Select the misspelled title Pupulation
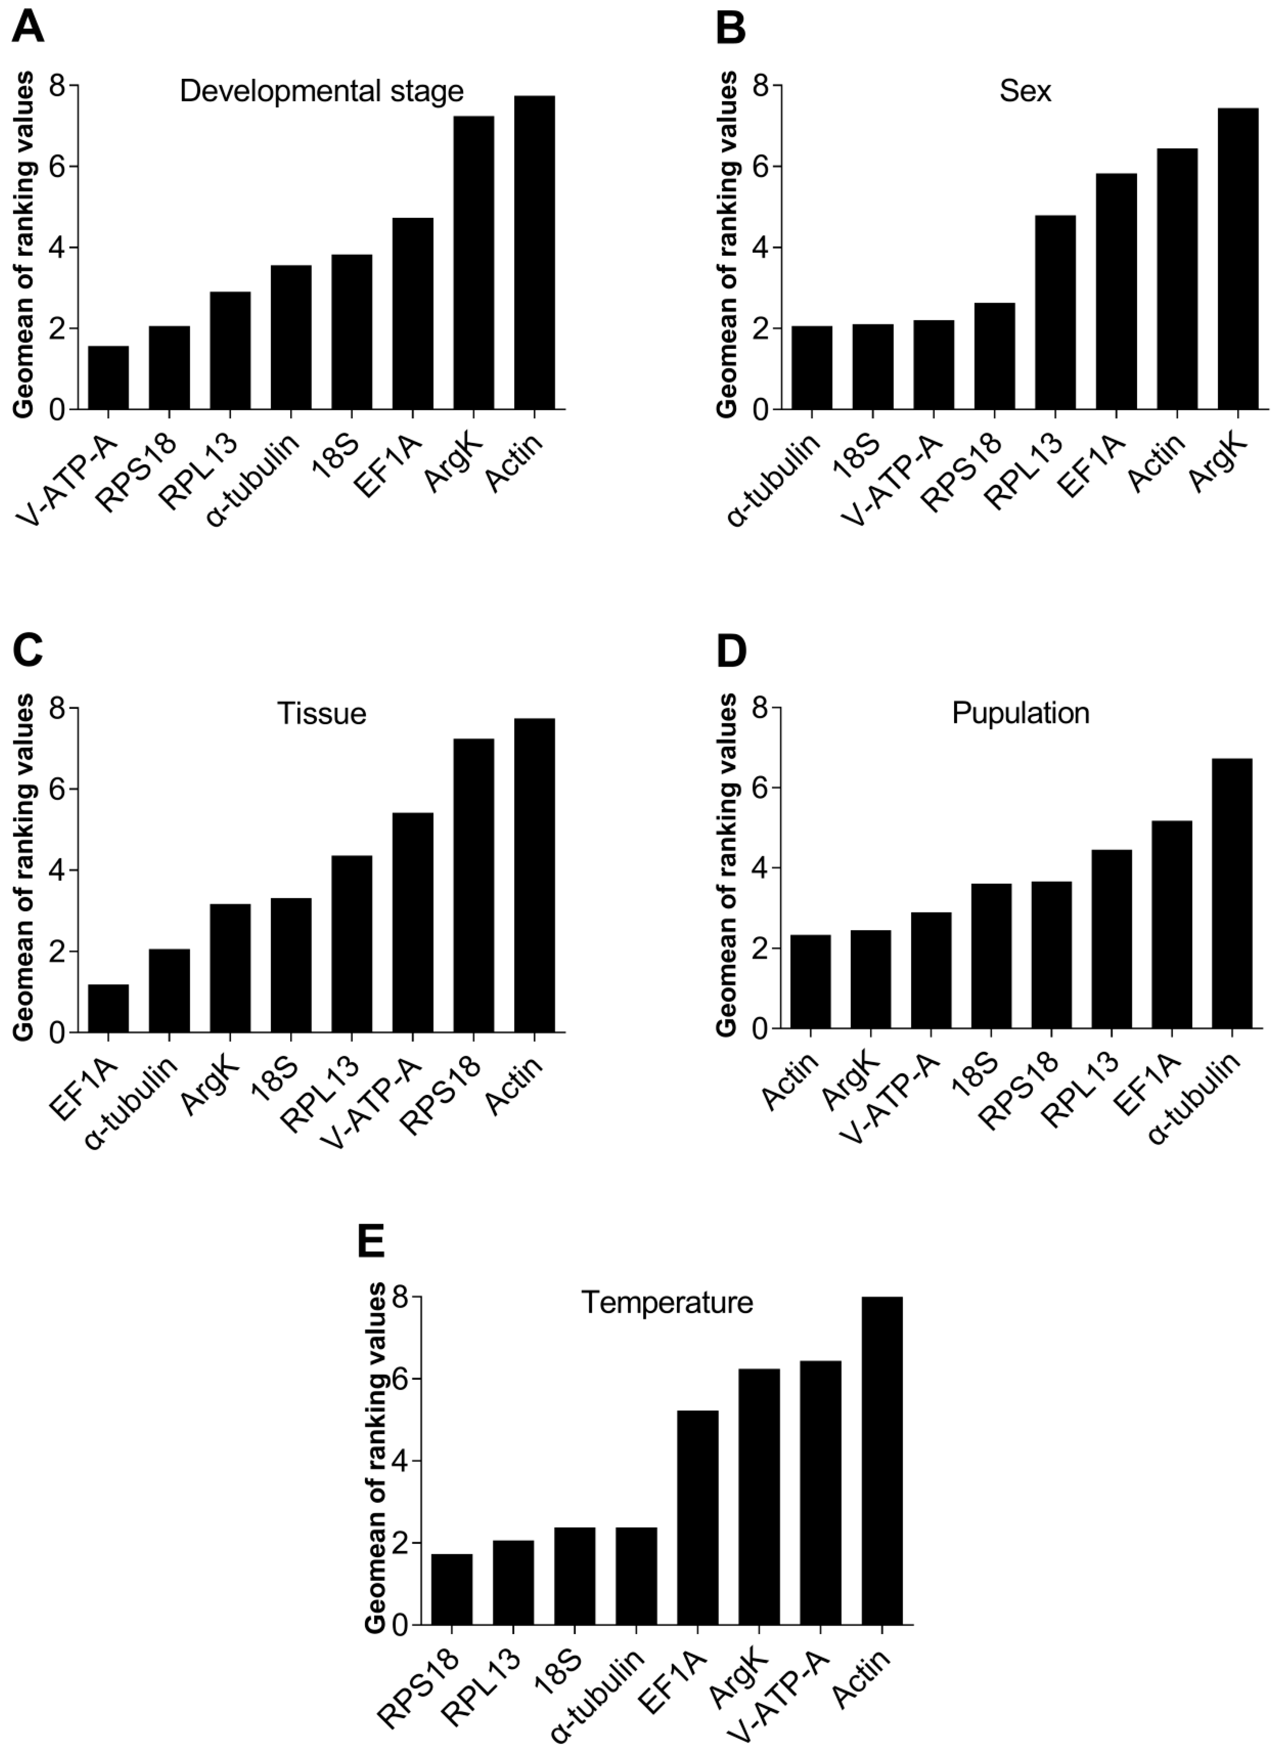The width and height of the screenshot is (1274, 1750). [1020, 713]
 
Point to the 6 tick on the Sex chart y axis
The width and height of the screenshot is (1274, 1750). [762, 167]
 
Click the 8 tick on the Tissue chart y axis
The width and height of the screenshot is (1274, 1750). [58, 708]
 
